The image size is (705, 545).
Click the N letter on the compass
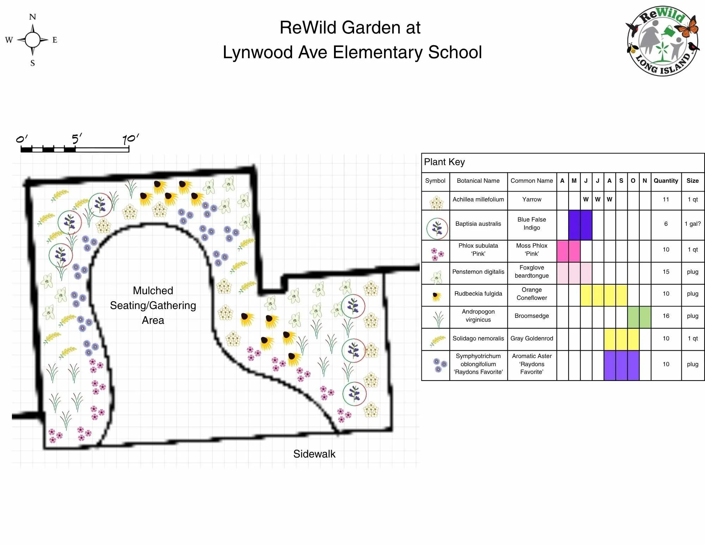(x=32, y=17)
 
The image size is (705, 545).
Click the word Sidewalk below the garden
(x=314, y=454)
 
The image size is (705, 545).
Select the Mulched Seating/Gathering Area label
(x=153, y=305)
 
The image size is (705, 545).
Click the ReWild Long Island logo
(x=662, y=41)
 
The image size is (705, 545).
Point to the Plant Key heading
(x=444, y=162)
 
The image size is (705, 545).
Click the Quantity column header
(x=666, y=181)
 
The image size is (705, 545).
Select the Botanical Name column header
(x=478, y=181)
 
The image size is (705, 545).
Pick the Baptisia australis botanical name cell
(x=478, y=224)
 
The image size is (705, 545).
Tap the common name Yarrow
(x=531, y=199)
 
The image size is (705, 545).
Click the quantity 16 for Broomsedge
(x=666, y=316)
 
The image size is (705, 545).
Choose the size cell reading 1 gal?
(x=692, y=224)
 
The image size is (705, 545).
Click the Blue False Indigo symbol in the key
(x=437, y=228)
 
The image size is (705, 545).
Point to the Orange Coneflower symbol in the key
(x=436, y=296)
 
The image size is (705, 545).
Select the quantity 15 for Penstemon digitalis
(x=666, y=272)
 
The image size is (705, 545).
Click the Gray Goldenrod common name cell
(x=531, y=338)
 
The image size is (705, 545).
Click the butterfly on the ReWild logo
(x=687, y=28)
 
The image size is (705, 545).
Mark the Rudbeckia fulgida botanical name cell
(x=478, y=293)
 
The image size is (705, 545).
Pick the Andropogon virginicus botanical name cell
(x=478, y=316)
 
